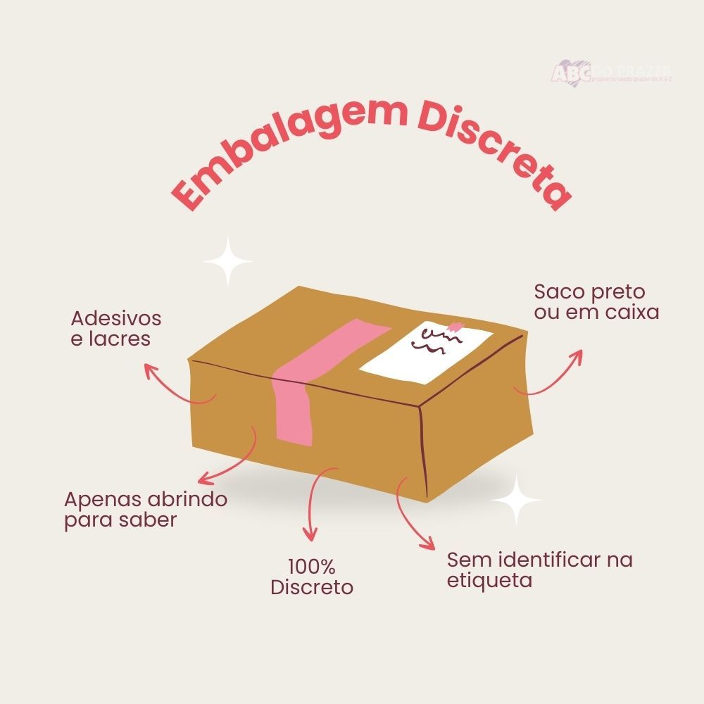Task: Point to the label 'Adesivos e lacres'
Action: (x=116, y=328)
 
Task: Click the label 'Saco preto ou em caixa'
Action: (x=596, y=302)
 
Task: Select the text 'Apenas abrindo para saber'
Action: (x=146, y=510)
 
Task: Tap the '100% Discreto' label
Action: (x=312, y=577)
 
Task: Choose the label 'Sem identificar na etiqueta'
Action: (x=539, y=571)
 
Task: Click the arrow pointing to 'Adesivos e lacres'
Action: (x=176, y=387)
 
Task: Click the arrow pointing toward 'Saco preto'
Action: (x=553, y=377)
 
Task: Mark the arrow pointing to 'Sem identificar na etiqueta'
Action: (x=412, y=514)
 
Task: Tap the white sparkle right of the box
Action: (x=516, y=499)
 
